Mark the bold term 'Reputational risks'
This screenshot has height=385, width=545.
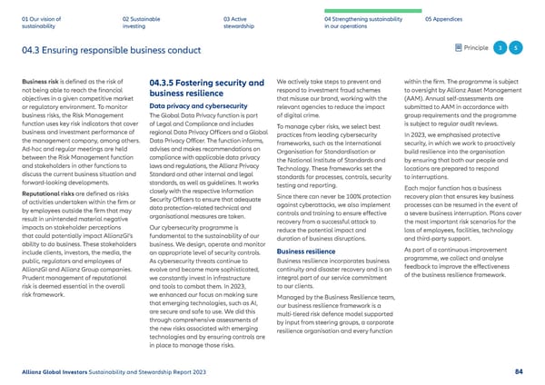click(x=49, y=169)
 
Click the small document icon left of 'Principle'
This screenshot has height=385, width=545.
click(x=459, y=47)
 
